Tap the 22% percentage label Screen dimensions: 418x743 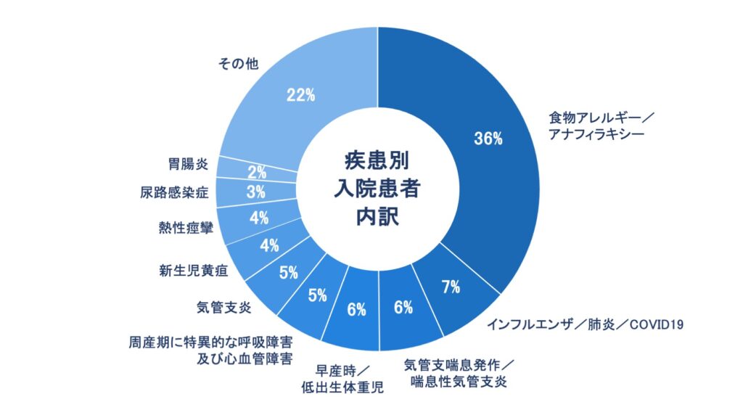click(299, 94)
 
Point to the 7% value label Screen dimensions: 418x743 click(451, 287)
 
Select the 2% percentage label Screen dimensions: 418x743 click(258, 173)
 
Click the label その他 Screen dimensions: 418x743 click(239, 64)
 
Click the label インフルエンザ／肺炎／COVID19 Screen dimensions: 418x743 click(585, 323)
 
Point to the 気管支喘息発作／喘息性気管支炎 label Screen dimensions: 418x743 click(459, 371)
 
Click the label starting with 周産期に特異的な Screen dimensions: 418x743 click(211, 349)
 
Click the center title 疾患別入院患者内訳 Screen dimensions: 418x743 click(377, 188)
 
